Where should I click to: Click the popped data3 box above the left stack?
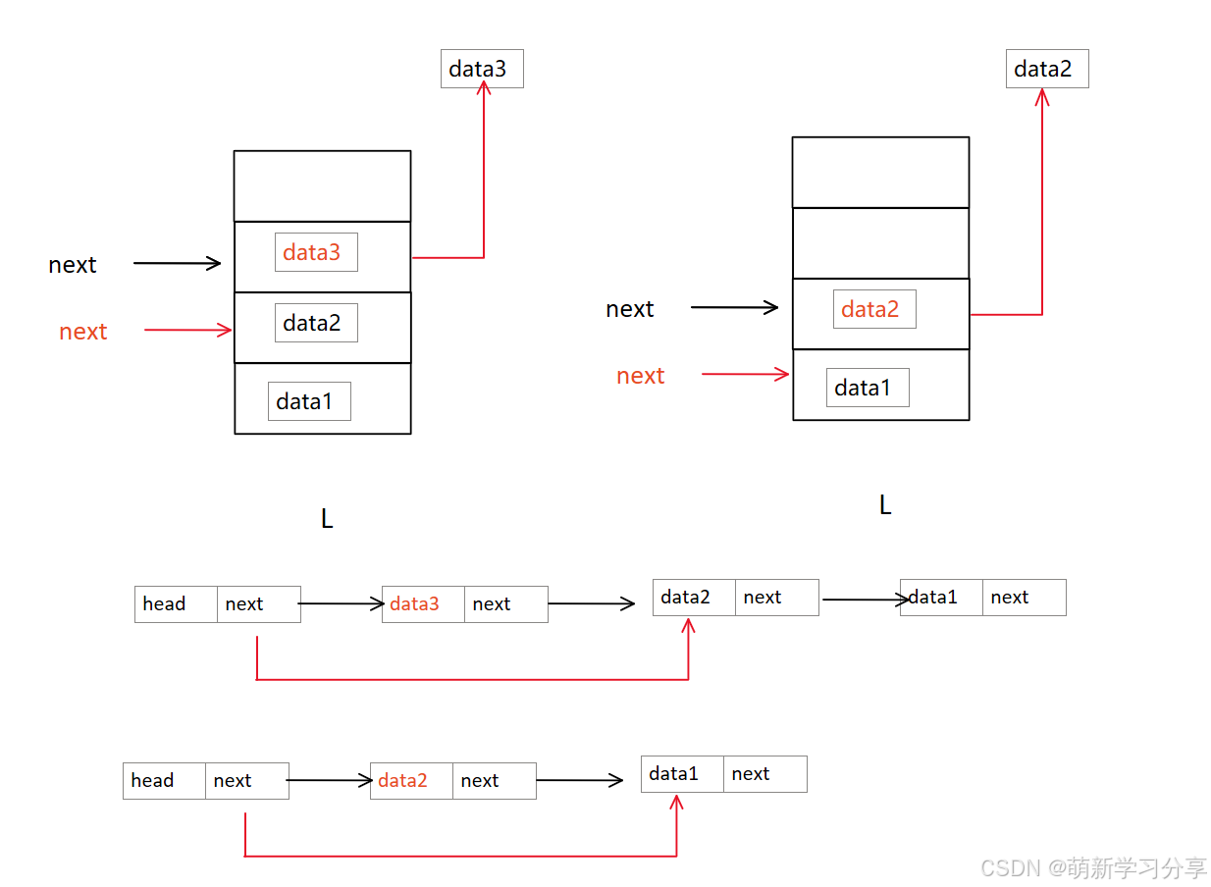click(481, 69)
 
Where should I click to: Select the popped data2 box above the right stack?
click(1046, 69)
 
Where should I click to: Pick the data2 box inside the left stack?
click(315, 323)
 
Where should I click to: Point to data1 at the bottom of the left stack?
click(308, 401)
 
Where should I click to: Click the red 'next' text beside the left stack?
click(82, 332)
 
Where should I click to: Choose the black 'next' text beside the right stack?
click(629, 309)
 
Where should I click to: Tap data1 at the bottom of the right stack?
click(867, 388)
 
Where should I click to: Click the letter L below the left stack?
click(327, 519)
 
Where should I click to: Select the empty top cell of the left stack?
click(322, 185)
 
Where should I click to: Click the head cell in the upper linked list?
click(176, 604)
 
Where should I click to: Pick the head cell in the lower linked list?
click(164, 781)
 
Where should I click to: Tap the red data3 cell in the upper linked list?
click(423, 604)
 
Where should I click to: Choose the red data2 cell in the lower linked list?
click(411, 781)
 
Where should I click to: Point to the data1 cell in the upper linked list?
click(941, 598)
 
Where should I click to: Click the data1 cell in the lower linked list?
click(682, 774)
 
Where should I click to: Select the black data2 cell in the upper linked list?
click(694, 598)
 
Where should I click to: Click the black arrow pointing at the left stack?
click(177, 263)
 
